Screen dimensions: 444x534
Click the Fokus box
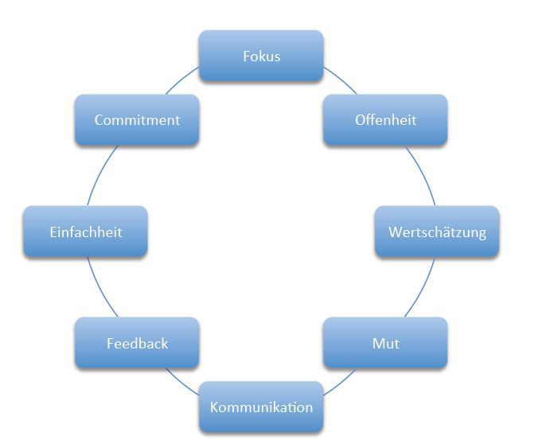tap(261, 56)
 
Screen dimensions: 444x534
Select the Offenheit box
tap(385, 120)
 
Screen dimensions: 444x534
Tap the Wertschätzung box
tap(437, 232)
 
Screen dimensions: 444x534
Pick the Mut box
tap(385, 344)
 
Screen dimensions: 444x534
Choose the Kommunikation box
tap(261, 407)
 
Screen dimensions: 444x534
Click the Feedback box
tap(137, 344)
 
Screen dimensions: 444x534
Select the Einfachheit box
tap(85, 232)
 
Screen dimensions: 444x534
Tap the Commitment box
tap(137, 120)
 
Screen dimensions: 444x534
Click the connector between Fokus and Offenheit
tap(341, 81)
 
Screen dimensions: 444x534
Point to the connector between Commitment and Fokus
tap(181, 81)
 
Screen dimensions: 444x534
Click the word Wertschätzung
tap(437, 232)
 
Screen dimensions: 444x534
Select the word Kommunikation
tap(261, 407)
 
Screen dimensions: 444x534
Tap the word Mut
tap(385, 344)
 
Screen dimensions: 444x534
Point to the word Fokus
tap(261, 56)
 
